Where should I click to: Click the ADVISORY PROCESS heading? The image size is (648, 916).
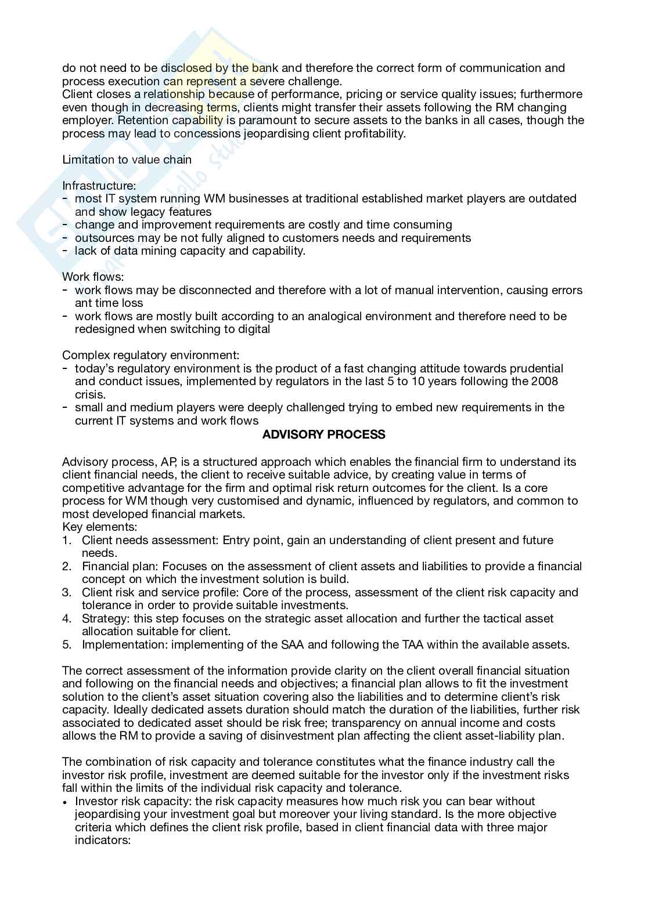(x=323, y=435)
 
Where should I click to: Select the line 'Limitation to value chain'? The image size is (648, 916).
(x=127, y=160)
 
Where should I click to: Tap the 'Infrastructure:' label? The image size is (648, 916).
(x=99, y=186)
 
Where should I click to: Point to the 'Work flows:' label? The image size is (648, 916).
(x=93, y=277)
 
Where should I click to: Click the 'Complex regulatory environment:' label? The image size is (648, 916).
(x=150, y=355)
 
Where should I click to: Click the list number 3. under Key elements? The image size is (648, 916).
(x=67, y=592)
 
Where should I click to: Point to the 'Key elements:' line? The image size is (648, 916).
(x=99, y=527)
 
